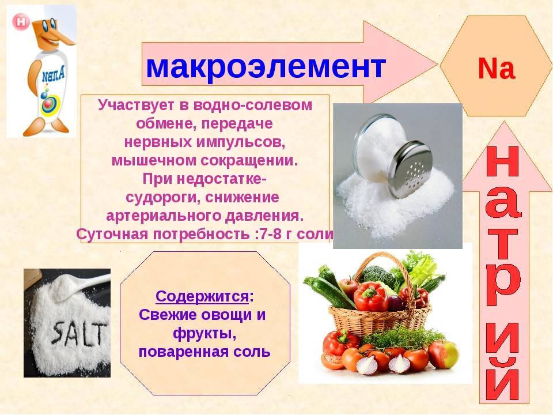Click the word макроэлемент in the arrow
click(x=266, y=67)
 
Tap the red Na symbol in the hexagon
click(x=497, y=69)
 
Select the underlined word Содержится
click(x=202, y=296)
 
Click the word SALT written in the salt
click(x=79, y=333)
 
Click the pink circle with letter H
click(x=21, y=22)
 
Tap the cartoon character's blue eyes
click(x=48, y=24)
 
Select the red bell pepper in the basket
click(x=370, y=296)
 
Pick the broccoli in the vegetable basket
click(x=377, y=274)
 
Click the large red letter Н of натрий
click(x=503, y=161)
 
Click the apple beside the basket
click(x=444, y=354)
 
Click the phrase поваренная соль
click(x=204, y=352)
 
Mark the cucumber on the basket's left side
click(x=329, y=292)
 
